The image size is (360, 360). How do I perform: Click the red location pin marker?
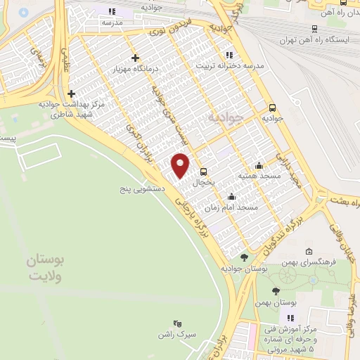coord(181,165)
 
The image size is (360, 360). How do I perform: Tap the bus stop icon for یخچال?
coord(203,172)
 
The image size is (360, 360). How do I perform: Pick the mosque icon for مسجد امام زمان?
coord(232,197)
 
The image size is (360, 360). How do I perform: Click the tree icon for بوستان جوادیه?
coord(244,258)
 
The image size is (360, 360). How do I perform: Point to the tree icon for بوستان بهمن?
coord(276,291)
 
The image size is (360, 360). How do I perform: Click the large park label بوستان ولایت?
coord(46,267)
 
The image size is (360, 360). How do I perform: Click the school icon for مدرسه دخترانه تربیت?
coord(229,54)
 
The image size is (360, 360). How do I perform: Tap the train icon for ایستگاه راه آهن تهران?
coord(314,29)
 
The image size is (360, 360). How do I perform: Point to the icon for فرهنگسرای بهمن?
coord(309,252)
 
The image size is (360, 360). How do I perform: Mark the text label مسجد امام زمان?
coord(238,207)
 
